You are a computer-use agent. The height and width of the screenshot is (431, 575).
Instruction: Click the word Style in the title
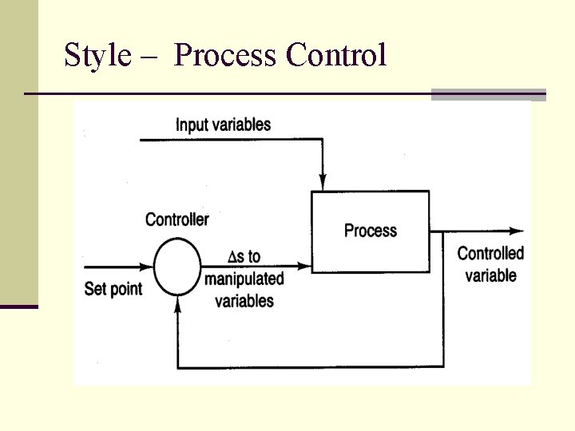[96, 56]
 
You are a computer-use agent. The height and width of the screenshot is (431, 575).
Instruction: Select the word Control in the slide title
[336, 56]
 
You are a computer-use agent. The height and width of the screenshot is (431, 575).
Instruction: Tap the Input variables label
[223, 125]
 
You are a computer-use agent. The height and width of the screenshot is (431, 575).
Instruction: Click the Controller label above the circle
[177, 219]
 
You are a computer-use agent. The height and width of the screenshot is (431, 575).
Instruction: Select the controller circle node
[177, 267]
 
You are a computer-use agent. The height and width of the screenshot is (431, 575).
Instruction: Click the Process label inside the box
[370, 231]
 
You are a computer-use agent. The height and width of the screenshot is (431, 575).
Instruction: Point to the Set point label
[113, 288]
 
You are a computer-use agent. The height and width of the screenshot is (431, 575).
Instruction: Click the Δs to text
[244, 256]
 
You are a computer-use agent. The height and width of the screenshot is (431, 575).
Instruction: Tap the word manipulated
[244, 279]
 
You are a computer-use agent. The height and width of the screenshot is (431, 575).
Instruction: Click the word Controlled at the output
[490, 254]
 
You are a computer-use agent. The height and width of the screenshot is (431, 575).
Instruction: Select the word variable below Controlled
[490, 276]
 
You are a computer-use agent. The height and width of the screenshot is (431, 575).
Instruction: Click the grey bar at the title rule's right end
[488, 95]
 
